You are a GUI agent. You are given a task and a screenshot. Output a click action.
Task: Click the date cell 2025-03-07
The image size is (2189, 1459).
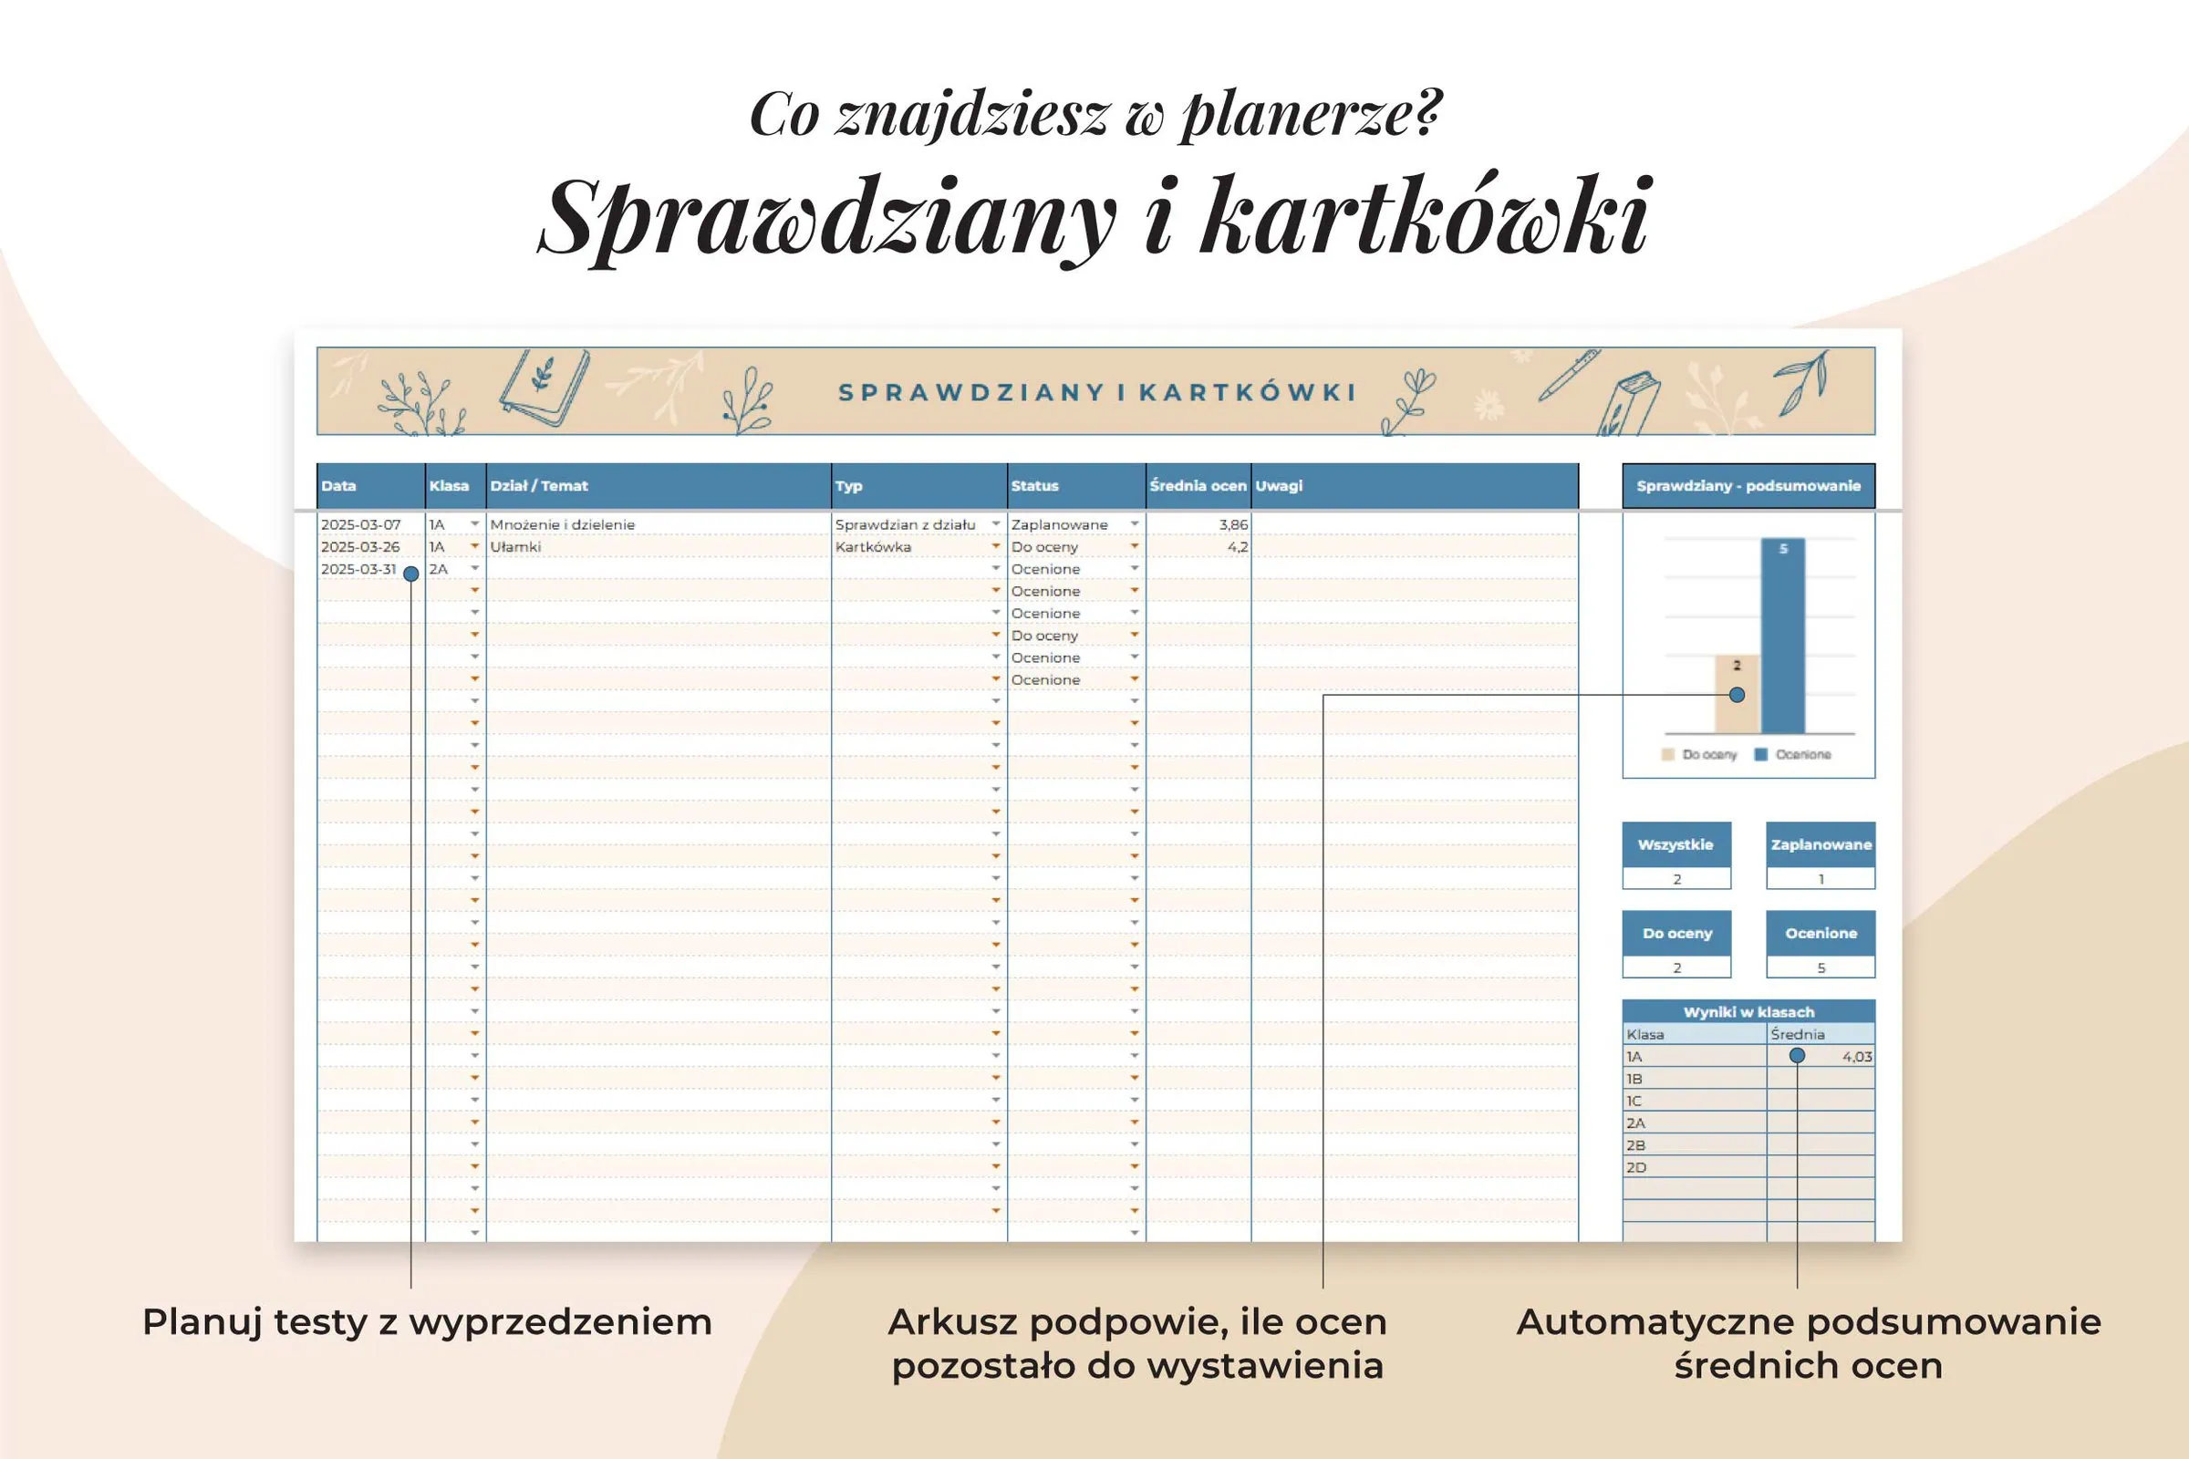click(x=361, y=525)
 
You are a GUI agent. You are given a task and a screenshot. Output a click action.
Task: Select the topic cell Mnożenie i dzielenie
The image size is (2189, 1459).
click(x=562, y=525)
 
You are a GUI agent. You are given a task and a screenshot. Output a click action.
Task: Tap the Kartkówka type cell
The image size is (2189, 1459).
click(x=873, y=547)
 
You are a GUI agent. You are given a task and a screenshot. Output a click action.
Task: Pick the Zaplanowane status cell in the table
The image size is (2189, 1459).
click(x=1059, y=525)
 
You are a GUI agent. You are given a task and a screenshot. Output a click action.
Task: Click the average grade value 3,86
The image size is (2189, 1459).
click(x=1232, y=525)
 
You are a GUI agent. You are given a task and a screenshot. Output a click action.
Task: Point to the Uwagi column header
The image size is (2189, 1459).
click(x=1279, y=486)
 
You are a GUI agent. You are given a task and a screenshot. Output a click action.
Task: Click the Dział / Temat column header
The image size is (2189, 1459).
click(x=539, y=486)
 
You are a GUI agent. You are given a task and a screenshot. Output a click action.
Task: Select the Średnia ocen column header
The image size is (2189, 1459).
click(x=1198, y=486)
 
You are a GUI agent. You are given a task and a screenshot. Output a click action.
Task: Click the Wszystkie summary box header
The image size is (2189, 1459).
click(x=1675, y=845)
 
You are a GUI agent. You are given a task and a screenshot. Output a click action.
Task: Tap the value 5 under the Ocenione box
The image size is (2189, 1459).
click(x=1821, y=967)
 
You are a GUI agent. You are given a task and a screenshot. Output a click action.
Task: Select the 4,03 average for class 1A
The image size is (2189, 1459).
click(x=1857, y=1057)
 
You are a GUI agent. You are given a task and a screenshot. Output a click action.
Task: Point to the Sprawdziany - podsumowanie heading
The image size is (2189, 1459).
click(x=1748, y=486)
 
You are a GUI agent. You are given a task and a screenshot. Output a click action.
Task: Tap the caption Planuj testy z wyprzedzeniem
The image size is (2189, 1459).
click(x=427, y=1322)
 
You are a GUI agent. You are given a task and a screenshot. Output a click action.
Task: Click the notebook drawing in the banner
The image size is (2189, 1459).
click(x=545, y=388)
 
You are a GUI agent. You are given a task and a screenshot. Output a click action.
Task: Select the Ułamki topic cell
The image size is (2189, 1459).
click(x=515, y=547)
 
